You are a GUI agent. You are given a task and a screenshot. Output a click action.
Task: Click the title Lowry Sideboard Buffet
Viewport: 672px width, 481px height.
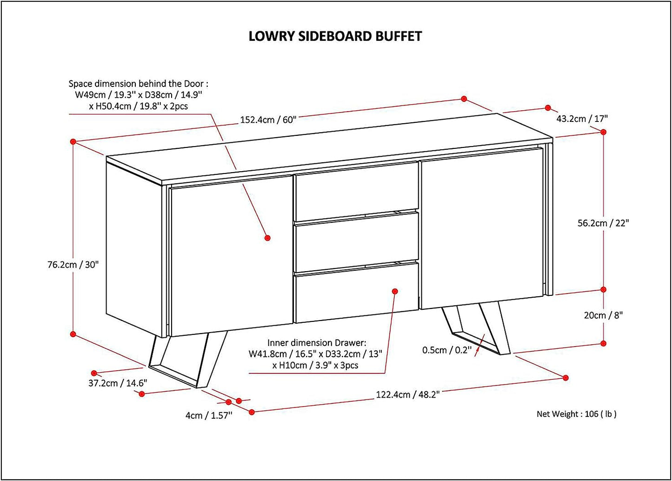335,36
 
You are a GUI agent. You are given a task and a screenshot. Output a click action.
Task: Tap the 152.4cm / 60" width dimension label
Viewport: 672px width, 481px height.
268,120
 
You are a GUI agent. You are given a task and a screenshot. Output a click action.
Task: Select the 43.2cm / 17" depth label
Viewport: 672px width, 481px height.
582,119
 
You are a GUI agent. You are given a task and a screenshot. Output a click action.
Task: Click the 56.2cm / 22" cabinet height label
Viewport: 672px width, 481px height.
603,223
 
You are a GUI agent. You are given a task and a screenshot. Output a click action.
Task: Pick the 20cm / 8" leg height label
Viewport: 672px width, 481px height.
603,315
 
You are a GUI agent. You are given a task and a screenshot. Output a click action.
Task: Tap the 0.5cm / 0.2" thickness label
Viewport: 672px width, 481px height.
446,349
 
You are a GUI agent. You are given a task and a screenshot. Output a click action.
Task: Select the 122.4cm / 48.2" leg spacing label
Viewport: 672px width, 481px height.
407,394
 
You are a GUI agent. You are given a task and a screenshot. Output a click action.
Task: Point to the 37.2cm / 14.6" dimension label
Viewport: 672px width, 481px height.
118,383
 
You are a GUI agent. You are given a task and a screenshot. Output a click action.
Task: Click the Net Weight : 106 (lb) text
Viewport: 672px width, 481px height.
576,414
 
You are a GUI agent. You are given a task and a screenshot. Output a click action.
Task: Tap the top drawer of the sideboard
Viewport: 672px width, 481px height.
356,191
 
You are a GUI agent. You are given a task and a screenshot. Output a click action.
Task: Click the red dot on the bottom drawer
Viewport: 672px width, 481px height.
395,291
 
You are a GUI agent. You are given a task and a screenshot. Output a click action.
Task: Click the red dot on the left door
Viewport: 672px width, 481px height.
267,238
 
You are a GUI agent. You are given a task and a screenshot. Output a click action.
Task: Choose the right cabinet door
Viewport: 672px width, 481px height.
481,228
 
